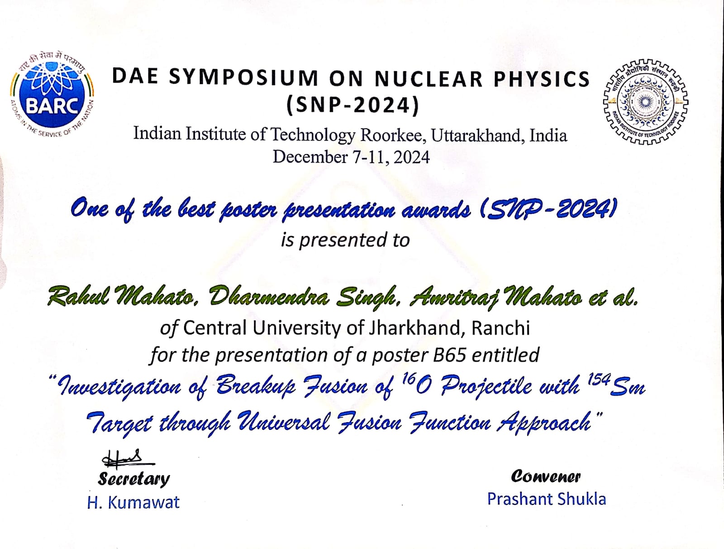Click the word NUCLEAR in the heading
coord(429,79)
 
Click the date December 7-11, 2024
coord(351,157)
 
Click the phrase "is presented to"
coord(345,240)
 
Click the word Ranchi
coord(501,328)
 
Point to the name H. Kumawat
coord(133,502)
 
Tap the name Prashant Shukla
coord(547,499)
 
